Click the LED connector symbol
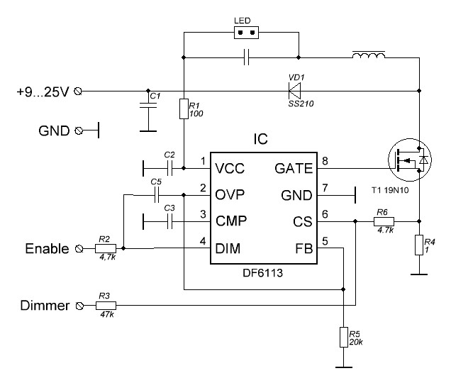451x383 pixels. click(246, 33)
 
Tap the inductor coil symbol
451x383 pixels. click(369, 55)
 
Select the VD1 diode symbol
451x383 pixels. click(294, 91)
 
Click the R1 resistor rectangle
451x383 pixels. click(184, 109)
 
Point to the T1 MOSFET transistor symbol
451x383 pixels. click(410, 160)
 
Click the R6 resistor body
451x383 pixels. click(384, 221)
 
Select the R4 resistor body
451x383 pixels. click(419, 245)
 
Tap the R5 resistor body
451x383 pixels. click(344, 337)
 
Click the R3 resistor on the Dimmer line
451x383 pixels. click(106, 306)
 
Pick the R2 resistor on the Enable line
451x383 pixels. click(106, 249)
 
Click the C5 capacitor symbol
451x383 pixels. click(157, 195)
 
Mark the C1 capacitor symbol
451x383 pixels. click(148, 105)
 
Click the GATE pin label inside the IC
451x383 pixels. click(294, 169)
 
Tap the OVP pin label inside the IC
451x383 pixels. click(230, 195)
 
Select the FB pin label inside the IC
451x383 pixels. click(304, 249)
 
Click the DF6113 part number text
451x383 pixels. click(262, 273)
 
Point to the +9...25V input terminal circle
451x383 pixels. click(78, 91)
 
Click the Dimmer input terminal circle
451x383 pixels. click(79, 306)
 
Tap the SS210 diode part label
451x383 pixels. click(301, 104)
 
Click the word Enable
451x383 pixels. click(48, 249)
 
